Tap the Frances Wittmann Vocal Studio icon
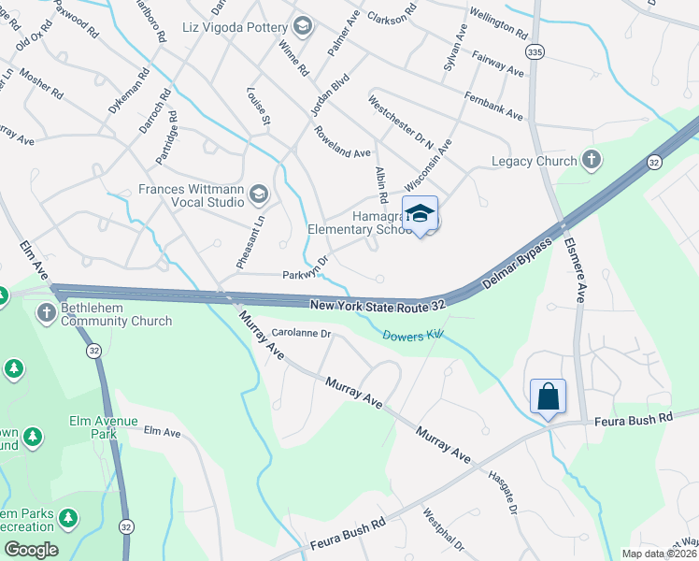(x=259, y=194)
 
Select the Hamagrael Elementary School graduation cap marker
(x=421, y=214)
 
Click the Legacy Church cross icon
(x=591, y=161)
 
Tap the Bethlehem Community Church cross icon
(x=47, y=312)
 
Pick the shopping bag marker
(x=548, y=396)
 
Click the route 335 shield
(x=533, y=50)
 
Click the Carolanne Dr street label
(x=301, y=333)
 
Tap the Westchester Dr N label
(x=402, y=122)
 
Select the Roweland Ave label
(x=343, y=141)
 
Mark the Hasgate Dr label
(x=503, y=491)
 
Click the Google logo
(x=31, y=550)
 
